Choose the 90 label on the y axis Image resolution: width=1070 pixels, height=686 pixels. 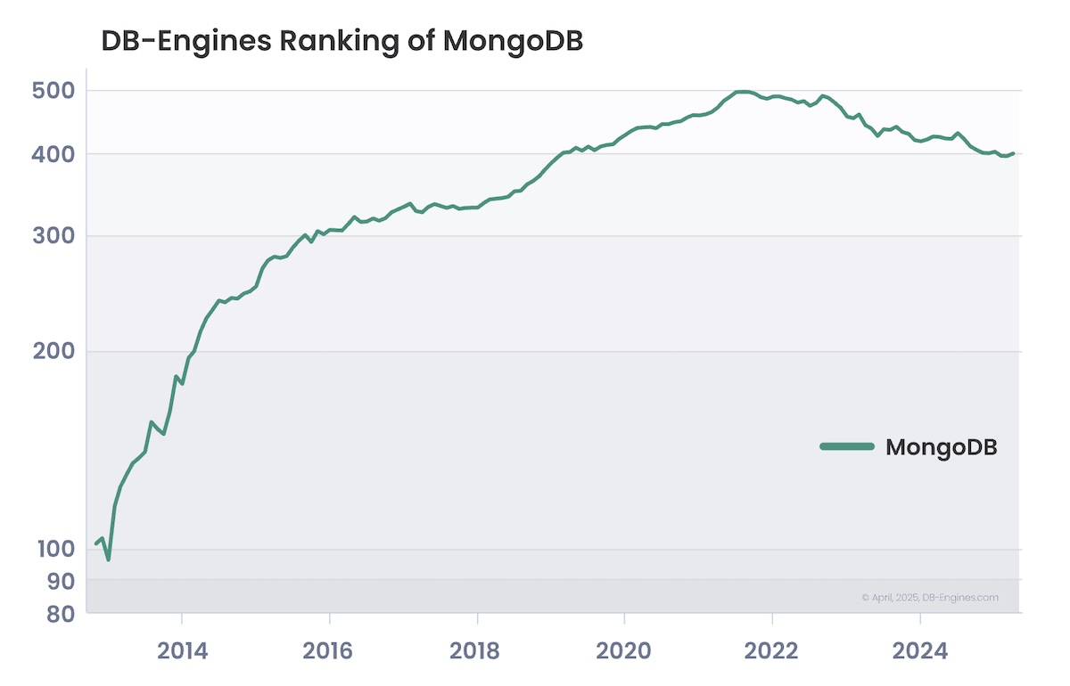coord(61,580)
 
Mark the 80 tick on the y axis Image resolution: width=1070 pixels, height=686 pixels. coord(61,614)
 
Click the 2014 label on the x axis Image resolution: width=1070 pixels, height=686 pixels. coord(182,649)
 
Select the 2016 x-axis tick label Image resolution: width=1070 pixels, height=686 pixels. coord(330,649)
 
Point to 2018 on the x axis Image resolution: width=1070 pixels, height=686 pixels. coord(478,649)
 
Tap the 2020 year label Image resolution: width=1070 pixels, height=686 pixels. coord(625,649)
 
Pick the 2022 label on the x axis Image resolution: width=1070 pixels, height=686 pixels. coord(772,649)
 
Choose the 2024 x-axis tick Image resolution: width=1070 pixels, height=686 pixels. coord(920,649)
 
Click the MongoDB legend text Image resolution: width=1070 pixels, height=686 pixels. coord(941,447)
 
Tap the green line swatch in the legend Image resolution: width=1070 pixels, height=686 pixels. coord(847,446)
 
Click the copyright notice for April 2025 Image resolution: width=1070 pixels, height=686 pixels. coord(930,598)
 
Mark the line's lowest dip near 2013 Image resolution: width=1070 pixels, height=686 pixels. coord(108,559)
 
